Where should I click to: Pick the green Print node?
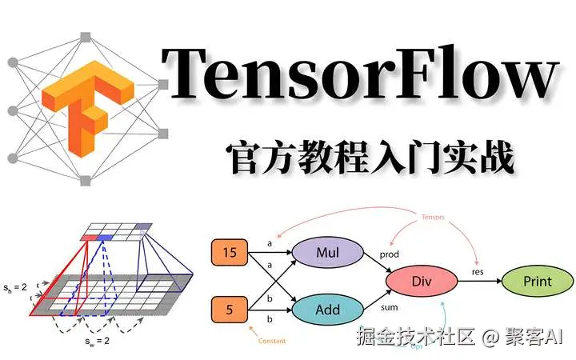(537, 282)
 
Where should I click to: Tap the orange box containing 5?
(229, 308)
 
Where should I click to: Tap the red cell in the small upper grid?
(88, 237)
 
